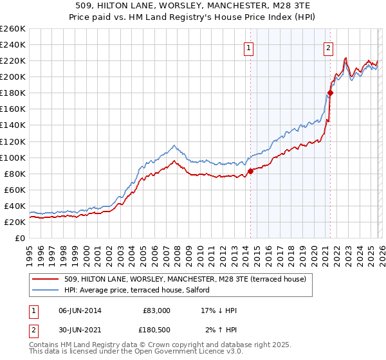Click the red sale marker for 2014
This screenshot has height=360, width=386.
tap(250, 171)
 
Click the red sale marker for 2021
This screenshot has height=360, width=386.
tap(330, 93)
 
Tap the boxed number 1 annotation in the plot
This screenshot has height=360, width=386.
tap(248, 47)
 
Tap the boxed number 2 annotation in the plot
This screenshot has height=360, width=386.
tap(328, 47)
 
